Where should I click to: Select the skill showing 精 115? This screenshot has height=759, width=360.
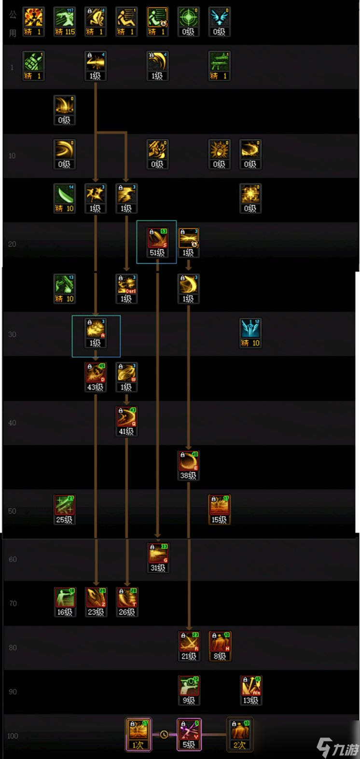click(x=65, y=22)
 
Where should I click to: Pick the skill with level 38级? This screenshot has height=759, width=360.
click(x=188, y=465)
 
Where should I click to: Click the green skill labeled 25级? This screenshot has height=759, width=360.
click(x=65, y=509)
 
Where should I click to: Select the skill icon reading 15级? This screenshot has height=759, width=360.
click(x=219, y=509)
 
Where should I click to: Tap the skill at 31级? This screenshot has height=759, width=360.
click(x=157, y=557)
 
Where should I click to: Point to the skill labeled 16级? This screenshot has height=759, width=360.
click(x=65, y=602)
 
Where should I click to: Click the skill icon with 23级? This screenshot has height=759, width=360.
click(x=96, y=602)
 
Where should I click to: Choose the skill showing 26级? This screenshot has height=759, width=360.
click(x=126, y=602)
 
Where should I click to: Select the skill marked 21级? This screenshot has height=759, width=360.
click(x=188, y=646)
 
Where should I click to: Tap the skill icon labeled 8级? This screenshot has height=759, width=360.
click(x=219, y=646)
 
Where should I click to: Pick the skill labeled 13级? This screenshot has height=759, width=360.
click(x=250, y=690)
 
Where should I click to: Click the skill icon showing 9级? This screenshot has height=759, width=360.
click(x=188, y=690)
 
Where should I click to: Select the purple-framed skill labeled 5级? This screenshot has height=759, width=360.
click(x=188, y=734)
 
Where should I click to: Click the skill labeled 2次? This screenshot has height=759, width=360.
click(x=239, y=734)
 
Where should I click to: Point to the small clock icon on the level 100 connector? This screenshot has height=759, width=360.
click(x=164, y=734)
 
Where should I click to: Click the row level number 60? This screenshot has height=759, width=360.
click(x=13, y=559)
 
